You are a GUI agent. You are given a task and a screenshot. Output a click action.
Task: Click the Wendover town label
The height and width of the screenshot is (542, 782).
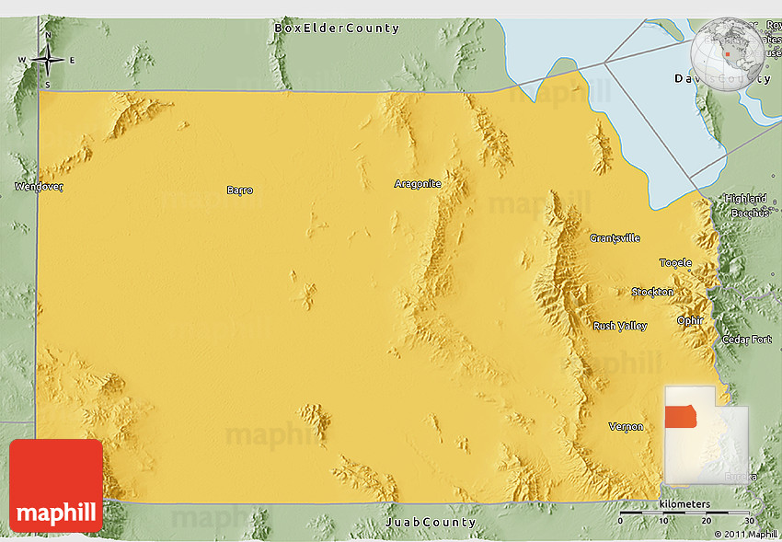tap(39, 187)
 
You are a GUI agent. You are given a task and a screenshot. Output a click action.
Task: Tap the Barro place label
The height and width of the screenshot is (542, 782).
tap(239, 190)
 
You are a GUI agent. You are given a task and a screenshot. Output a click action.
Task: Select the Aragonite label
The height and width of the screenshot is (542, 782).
tap(418, 184)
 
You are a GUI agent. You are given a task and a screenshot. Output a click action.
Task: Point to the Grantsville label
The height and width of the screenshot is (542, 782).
tap(615, 238)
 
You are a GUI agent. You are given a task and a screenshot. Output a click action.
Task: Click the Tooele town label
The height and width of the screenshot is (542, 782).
tap(675, 263)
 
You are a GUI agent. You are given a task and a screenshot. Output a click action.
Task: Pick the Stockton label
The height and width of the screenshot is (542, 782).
tap(652, 293)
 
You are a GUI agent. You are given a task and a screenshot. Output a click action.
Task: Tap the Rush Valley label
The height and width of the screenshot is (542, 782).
tap(619, 326)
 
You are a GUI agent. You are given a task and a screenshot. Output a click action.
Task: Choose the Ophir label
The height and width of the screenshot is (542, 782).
tap(690, 320)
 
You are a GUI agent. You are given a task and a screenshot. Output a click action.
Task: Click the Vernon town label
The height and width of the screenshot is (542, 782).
tap(626, 426)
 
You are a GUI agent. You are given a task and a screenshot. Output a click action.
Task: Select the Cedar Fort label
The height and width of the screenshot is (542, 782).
tap(746, 339)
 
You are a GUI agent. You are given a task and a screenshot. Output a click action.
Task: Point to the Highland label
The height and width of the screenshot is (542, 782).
tap(745, 199)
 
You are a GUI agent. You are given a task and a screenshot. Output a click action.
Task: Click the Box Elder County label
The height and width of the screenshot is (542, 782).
tap(337, 29)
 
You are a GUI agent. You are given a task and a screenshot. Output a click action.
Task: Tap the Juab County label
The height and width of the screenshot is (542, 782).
tap(431, 523)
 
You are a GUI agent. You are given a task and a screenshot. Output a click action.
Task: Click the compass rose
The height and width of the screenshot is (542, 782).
tap(47, 62)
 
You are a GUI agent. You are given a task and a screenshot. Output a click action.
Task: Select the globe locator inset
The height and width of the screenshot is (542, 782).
tap(729, 51)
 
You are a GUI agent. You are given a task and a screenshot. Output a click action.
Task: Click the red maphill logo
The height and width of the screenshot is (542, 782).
tap(56, 485)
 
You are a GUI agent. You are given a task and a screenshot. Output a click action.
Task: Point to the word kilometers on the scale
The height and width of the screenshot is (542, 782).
tap(684, 504)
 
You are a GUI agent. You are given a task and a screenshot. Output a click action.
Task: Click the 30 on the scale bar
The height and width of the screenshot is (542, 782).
tap(749, 521)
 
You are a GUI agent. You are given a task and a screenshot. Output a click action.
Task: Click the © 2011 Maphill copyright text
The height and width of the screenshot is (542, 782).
tap(745, 534)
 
